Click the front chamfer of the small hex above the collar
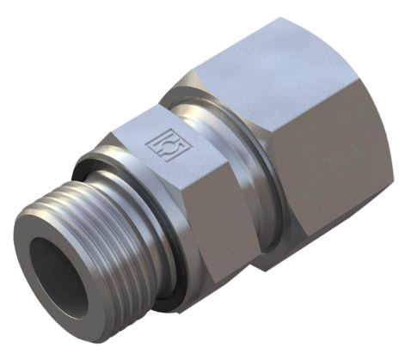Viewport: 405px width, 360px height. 120,137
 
